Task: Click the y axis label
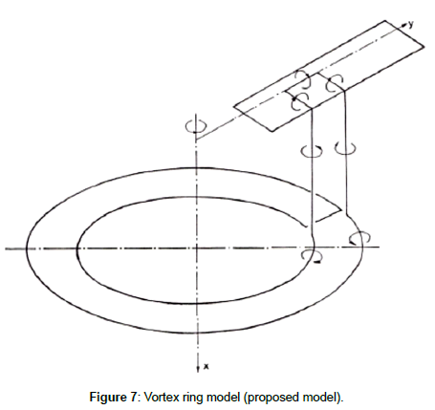point(411,24)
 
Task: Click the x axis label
point(207,367)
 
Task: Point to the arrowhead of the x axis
point(198,369)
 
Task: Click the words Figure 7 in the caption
point(113,398)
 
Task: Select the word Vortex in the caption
point(161,398)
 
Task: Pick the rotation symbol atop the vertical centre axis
point(196,126)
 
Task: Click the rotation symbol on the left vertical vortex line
point(312,151)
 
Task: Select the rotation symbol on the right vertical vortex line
point(345,148)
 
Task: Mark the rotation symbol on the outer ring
point(359,238)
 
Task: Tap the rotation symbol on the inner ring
point(312,256)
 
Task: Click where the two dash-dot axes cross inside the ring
point(197,248)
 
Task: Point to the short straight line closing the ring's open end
point(329,216)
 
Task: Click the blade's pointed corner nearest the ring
point(272,131)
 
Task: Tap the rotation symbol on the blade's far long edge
point(302,78)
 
